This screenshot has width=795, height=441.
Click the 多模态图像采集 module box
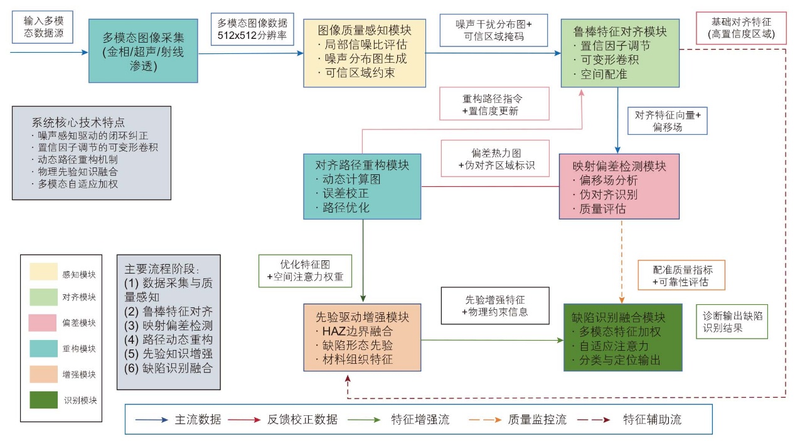pos(143,51)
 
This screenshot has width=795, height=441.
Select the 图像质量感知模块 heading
pos(365,30)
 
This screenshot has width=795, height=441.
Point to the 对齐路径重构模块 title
pos(362,165)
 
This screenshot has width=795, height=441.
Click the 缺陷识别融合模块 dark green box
pos(623,337)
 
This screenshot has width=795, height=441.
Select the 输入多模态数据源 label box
pos(43,27)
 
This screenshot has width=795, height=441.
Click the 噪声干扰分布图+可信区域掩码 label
pos(494,30)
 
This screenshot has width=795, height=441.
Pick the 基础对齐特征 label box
pos(742,28)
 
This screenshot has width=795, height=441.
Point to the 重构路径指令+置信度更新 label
pos(494,104)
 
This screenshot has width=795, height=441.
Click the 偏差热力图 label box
pos(495,158)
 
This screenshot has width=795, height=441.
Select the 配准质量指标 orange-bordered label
pos(681,275)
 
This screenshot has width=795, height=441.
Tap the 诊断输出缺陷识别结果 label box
pos(732,321)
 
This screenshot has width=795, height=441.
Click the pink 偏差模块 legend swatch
pos(43,322)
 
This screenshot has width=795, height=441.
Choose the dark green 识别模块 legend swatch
pos(43,400)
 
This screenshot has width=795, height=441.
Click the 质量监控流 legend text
pos(537,420)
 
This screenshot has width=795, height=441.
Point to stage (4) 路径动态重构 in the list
pos(168,339)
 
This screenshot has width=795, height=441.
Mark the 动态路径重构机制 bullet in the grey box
pos(75,159)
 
